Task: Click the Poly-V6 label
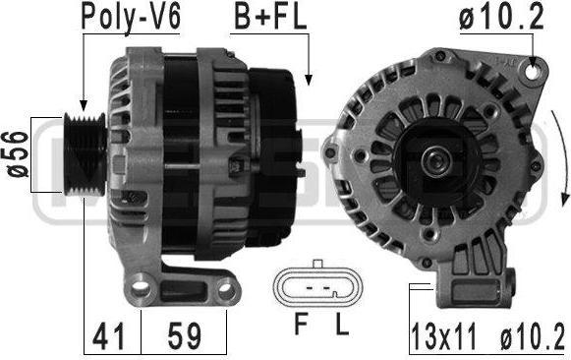[131, 17]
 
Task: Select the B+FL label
[270, 17]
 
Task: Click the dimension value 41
[108, 336]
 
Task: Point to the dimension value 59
[184, 336]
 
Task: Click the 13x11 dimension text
[443, 336]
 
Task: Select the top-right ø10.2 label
[501, 17]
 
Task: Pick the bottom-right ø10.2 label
[532, 336]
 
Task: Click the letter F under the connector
[301, 325]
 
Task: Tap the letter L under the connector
[342, 325]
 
